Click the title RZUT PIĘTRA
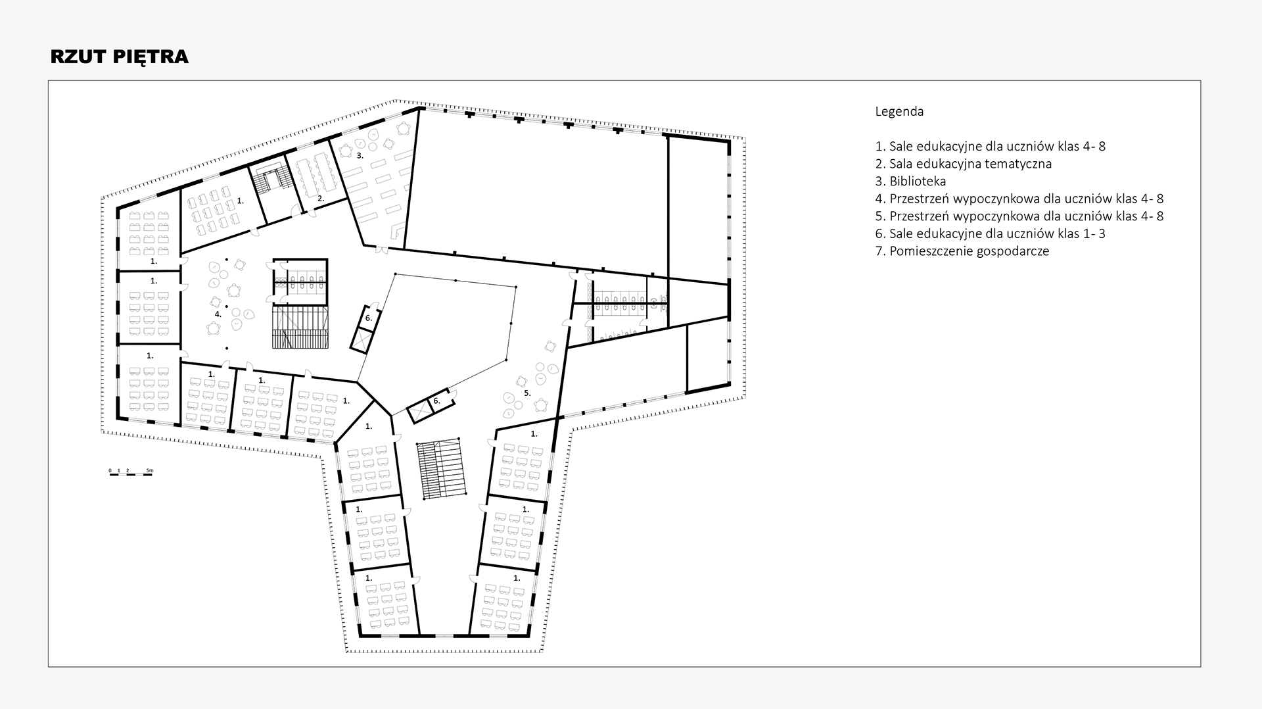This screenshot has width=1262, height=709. coord(120,57)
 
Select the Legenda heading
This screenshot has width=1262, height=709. coord(899,112)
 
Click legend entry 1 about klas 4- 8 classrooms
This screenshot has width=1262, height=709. coord(991,147)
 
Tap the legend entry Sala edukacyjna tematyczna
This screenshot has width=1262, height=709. coord(964,164)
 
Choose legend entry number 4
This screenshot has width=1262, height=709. coord(1019,199)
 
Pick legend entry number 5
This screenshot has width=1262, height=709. coord(1019,216)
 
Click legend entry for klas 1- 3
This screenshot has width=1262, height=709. coord(990,233)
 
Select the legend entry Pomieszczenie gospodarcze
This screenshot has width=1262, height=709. coord(962,251)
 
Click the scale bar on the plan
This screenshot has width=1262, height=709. coord(130,474)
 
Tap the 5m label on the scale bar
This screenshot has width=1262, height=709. coord(149,470)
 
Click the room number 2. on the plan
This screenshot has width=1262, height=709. coord(321,198)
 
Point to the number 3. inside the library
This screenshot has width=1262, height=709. coord(360,156)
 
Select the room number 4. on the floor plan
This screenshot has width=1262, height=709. coord(218,314)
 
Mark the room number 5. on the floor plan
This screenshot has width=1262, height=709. coord(527,393)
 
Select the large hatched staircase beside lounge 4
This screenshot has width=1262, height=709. coord(300,328)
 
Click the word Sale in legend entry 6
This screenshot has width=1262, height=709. coord(902,233)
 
